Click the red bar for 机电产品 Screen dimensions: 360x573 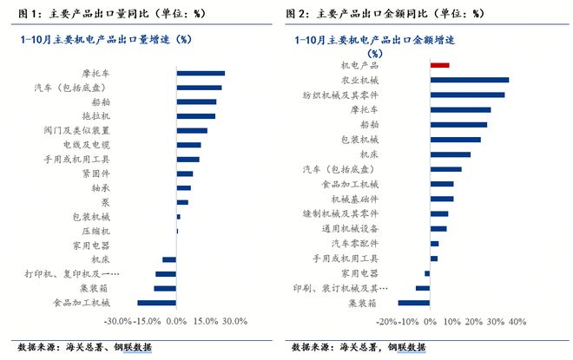(439, 65)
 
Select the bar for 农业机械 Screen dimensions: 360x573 (469, 80)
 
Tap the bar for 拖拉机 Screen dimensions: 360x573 (195, 116)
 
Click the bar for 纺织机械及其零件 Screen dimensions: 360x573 (467, 95)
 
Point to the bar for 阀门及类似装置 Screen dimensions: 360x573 (192, 130)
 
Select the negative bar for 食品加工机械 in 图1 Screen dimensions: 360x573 (157, 302)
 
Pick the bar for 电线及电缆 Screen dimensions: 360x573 (188, 145)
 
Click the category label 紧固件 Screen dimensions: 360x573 (95, 173)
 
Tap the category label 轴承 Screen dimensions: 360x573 (100, 187)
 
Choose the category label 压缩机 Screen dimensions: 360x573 (95, 231)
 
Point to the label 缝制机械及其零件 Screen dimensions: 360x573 (340, 213)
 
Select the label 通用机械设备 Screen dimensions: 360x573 (350, 229)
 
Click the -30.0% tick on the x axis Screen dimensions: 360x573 (117, 322)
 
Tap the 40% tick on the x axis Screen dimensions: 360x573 (517, 322)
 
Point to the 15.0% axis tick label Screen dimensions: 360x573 (205, 322)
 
